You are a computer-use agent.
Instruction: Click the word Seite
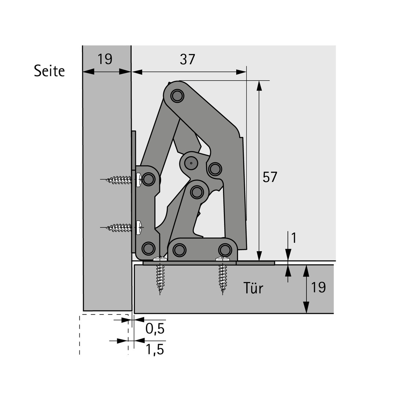click(49, 71)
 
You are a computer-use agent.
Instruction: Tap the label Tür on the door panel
click(253, 288)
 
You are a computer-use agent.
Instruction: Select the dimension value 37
click(187, 60)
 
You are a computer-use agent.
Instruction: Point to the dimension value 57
click(270, 177)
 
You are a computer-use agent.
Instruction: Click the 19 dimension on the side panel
click(105, 59)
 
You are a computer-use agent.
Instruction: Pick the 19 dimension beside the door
click(319, 287)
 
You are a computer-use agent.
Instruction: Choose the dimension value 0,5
click(155, 328)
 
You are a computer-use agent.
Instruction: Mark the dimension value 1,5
click(155, 349)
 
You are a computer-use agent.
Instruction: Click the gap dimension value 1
click(294, 238)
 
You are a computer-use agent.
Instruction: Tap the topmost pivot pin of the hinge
click(177, 96)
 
